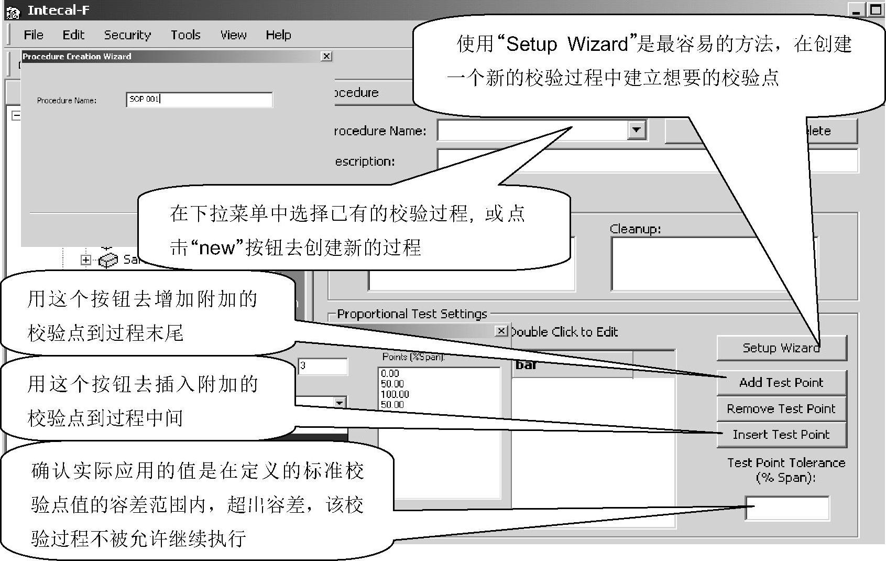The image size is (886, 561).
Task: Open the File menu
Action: (x=34, y=35)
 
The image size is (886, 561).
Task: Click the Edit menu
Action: (x=73, y=35)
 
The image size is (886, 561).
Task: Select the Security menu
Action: (x=127, y=35)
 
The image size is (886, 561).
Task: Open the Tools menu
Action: (x=185, y=35)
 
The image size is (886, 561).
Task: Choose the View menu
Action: (x=233, y=35)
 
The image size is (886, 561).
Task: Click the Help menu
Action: (x=278, y=35)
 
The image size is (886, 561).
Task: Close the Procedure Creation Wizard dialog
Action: (x=326, y=56)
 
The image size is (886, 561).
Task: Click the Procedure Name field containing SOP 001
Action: (x=199, y=100)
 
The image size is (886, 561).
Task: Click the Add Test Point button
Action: (x=781, y=383)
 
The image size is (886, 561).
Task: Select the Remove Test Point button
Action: (x=781, y=409)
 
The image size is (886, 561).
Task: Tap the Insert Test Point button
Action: (x=781, y=435)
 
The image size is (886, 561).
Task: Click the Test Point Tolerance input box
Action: (x=787, y=508)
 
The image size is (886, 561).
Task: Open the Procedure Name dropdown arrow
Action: (x=636, y=130)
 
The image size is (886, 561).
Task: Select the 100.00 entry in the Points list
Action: (x=395, y=394)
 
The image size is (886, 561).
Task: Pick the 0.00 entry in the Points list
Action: (x=390, y=373)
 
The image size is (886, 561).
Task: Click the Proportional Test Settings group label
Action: (x=412, y=314)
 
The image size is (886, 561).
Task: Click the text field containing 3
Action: (x=323, y=366)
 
